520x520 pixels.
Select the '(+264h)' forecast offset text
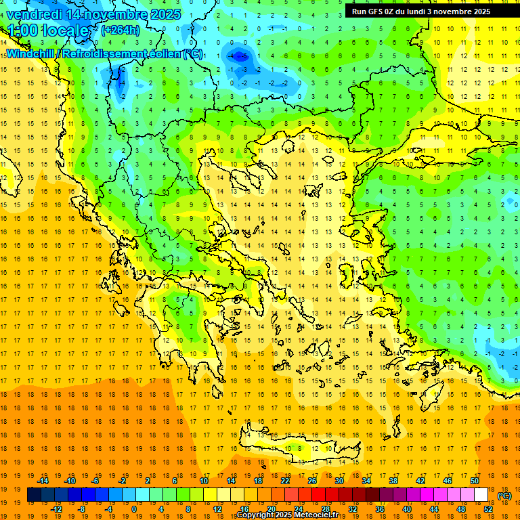121,30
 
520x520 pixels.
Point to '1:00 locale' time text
48,30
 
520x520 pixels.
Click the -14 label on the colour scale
43,481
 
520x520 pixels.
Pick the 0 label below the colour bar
134,509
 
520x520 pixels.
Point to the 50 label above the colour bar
475,481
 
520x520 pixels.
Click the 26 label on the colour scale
312,481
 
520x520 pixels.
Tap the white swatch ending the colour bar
481,495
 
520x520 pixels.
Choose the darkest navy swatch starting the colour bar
34,495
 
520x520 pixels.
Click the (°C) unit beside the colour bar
504,496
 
